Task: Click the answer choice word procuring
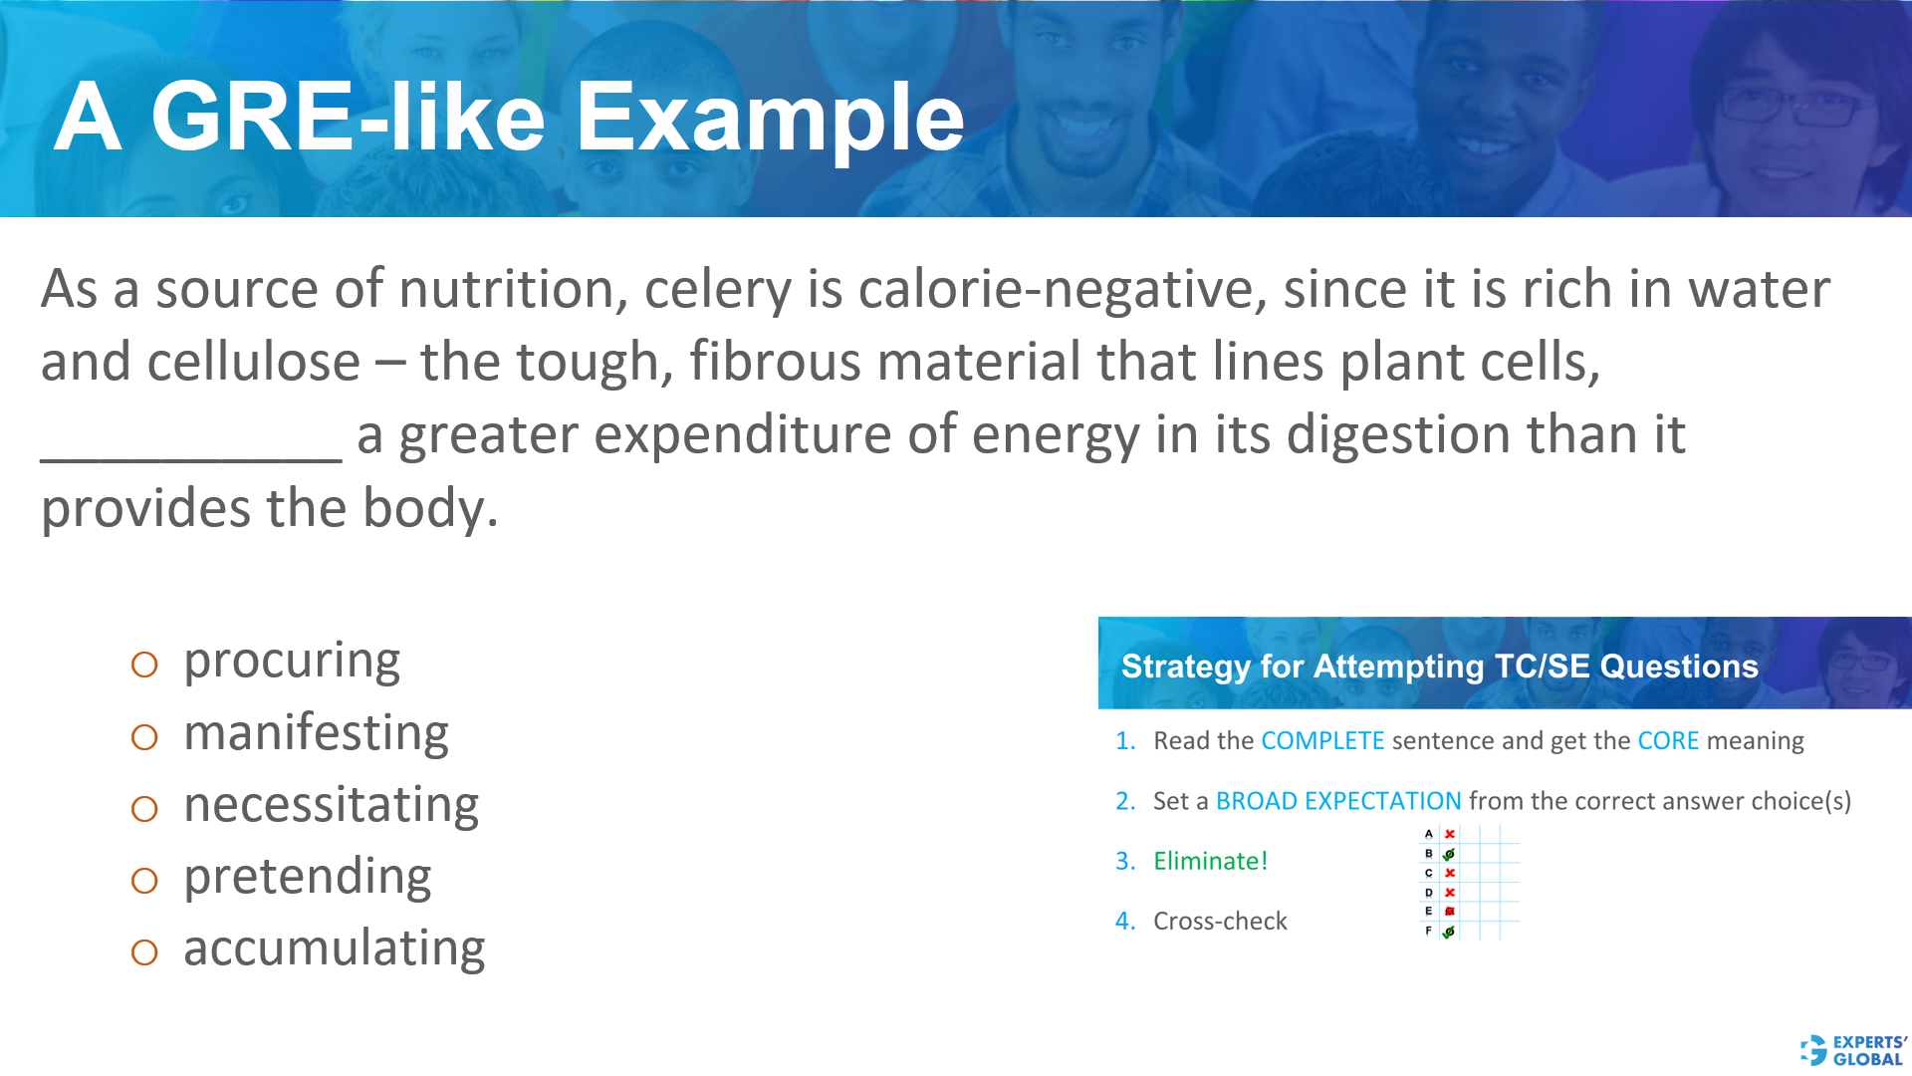(x=292, y=662)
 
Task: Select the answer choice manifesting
(x=316, y=734)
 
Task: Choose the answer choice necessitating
(x=331, y=805)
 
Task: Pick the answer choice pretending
(x=307, y=878)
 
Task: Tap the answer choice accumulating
(x=334, y=948)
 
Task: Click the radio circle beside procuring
(x=144, y=665)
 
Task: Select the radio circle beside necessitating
(x=144, y=809)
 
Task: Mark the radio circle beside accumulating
(x=144, y=952)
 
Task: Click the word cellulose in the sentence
(x=253, y=362)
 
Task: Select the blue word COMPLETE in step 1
(x=1322, y=741)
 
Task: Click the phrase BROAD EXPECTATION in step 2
(x=1338, y=801)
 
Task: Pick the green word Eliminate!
(x=1210, y=861)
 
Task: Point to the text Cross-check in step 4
(x=1220, y=922)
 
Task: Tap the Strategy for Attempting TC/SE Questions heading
(x=1439, y=666)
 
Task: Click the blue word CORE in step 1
(x=1668, y=741)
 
